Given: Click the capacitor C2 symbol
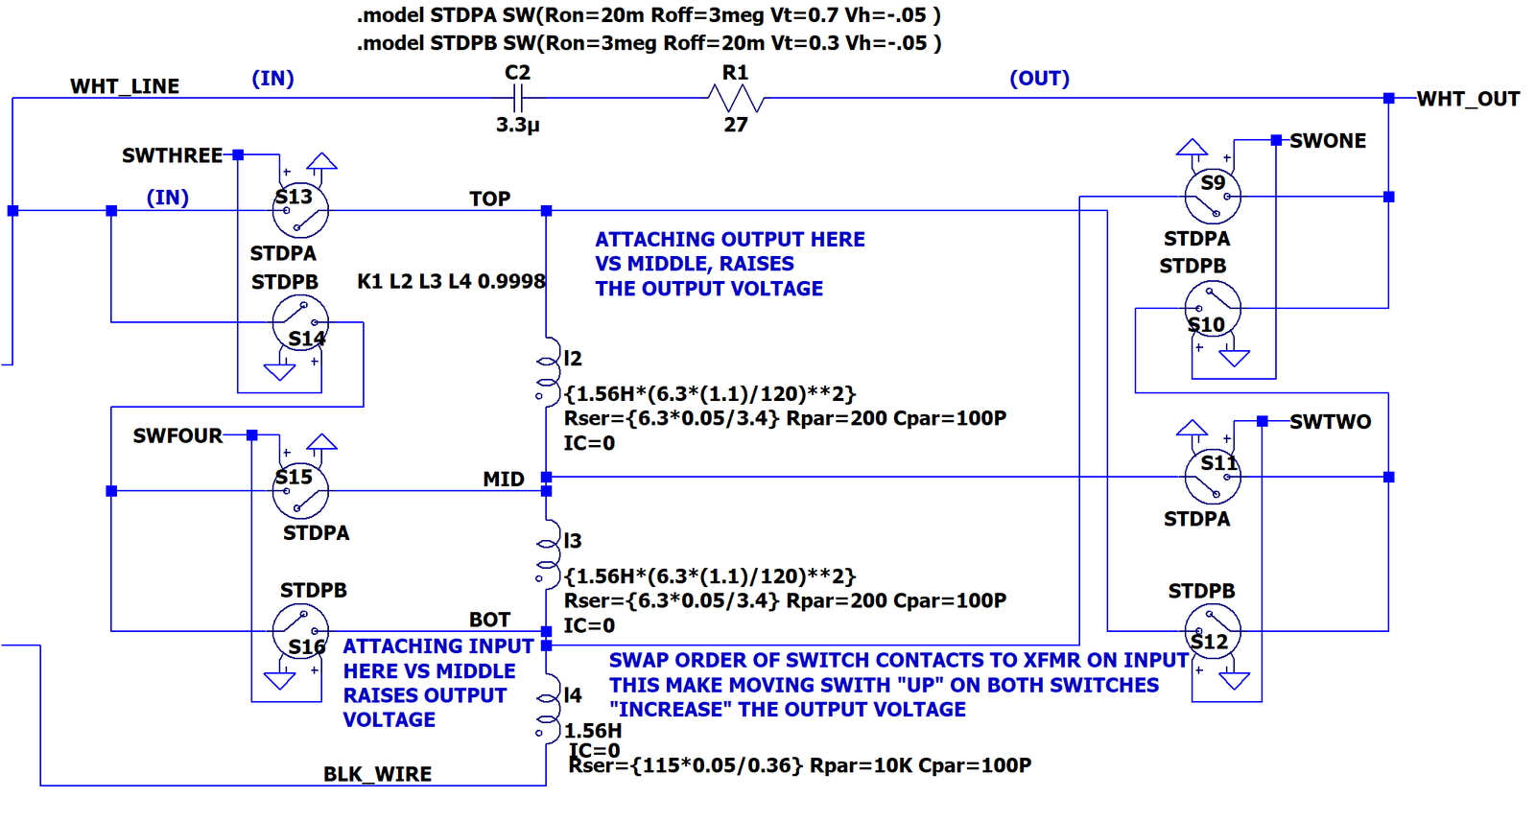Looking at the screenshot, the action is click(518, 99).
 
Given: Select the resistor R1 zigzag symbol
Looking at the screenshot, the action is click(736, 99).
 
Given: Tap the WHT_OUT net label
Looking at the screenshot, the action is click(1468, 100).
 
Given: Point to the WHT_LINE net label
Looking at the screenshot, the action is click(125, 86).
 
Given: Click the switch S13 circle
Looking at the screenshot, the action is click(300, 210).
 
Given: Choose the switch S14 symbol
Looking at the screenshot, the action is click(300, 323).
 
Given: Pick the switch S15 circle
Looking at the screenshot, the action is click(300, 491).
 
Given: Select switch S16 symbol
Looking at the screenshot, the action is click(300, 631).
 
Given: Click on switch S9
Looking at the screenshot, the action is click(1213, 197).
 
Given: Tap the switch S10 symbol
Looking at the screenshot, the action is click(1213, 309).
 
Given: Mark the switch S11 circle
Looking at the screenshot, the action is click(1213, 477).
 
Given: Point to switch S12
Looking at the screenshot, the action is click(1213, 631).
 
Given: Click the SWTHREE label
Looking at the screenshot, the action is click(172, 155).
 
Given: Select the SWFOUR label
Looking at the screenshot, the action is click(177, 435).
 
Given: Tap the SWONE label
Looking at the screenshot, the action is click(1328, 141).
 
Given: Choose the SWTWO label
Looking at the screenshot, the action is click(1330, 421).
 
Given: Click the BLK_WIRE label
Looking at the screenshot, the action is click(378, 774).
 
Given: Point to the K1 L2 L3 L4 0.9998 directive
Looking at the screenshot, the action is click(452, 282).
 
